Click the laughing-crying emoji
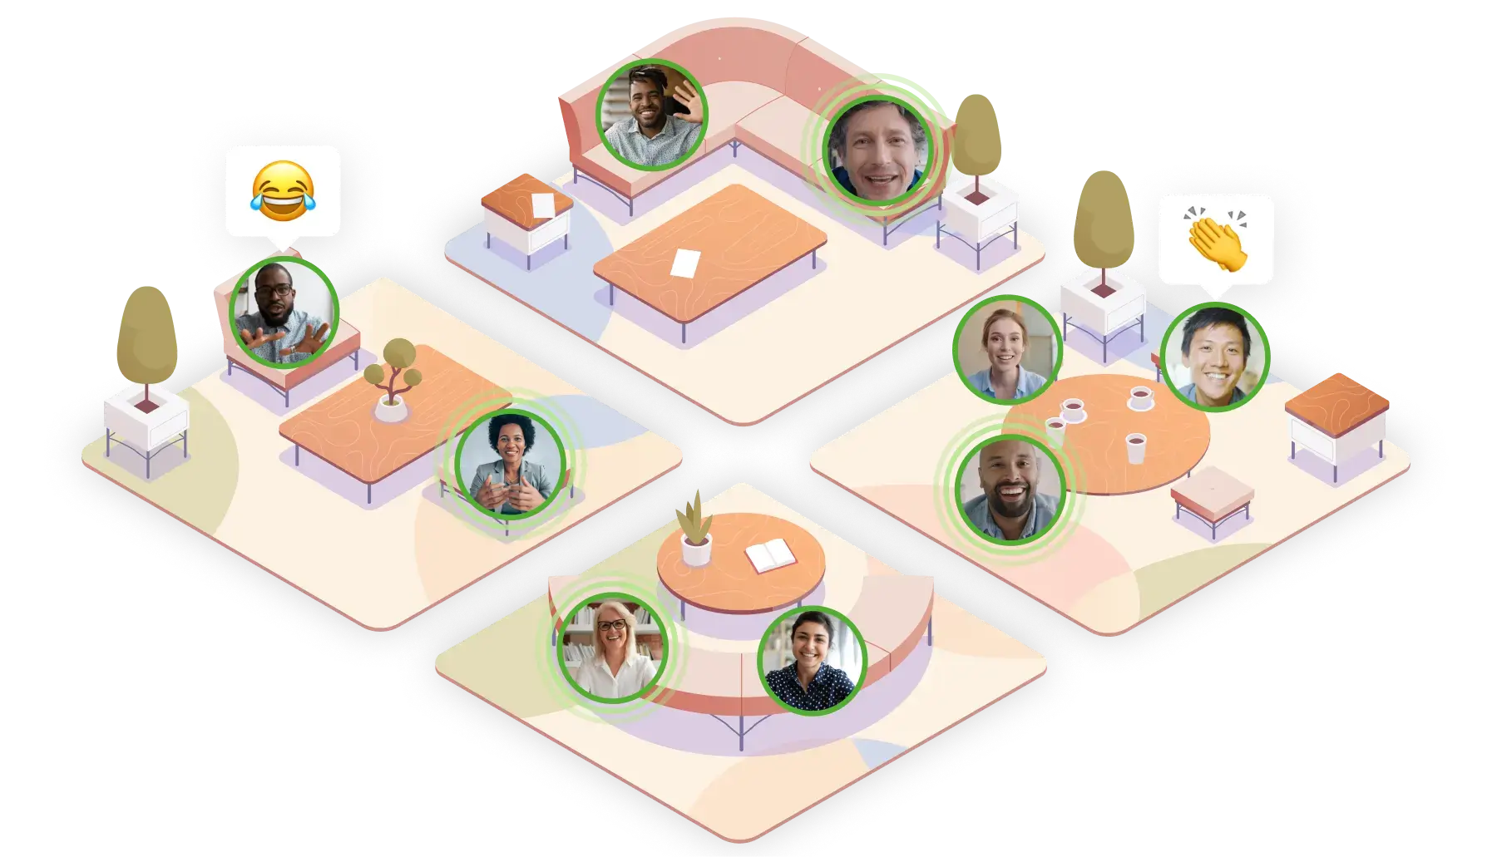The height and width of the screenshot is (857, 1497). click(283, 191)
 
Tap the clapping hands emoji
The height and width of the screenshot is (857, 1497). click(1215, 239)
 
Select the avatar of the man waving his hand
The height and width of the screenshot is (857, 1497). click(652, 115)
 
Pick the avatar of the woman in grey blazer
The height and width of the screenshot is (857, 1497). click(511, 464)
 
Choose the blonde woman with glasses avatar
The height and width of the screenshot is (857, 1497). click(614, 648)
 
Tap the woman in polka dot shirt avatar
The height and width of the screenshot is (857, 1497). click(813, 661)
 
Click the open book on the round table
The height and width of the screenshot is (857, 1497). click(771, 557)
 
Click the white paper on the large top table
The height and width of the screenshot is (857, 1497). click(684, 263)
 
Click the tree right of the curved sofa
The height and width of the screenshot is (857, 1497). click(976, 137)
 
